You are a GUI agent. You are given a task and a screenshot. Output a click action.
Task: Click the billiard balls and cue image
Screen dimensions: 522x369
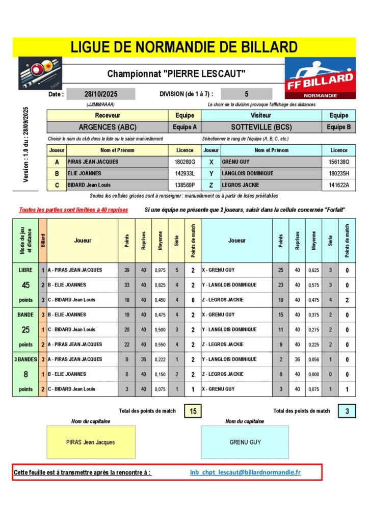(x=40, y=74)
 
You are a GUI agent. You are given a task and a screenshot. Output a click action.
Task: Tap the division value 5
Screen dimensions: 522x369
(x=247, y=94)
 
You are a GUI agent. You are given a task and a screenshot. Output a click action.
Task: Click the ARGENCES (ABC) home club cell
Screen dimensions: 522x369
(x=108, y=127)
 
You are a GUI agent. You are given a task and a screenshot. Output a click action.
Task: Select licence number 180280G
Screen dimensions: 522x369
(x=184, y=162)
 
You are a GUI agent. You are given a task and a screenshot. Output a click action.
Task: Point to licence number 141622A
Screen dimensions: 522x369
(x=339, y=185)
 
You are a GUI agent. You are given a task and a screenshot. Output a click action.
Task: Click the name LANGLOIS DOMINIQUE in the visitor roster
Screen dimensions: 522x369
(x=248, y=173)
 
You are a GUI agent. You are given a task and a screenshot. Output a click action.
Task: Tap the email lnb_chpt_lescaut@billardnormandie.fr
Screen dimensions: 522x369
(x=245, y=472)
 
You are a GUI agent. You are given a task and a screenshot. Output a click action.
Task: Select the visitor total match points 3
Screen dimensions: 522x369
(x=347, y=410)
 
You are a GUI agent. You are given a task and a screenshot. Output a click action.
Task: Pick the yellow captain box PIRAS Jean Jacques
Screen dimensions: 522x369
(x=91, y=442)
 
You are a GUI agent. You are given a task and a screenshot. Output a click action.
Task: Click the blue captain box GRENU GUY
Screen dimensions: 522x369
(x=245, y=442)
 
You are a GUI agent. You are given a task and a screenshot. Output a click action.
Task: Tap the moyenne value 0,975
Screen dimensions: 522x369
(x=160, y=270)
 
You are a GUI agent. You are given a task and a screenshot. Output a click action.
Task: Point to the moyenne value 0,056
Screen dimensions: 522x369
(x=313, y=359)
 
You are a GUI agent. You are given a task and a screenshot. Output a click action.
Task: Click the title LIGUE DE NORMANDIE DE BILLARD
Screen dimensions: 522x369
(x=184, y=47)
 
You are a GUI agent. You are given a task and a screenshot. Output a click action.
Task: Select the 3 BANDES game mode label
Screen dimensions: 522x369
(x=25, y=359)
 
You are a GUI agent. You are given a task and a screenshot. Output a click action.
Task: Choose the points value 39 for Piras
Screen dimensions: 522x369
(x=126, y=270)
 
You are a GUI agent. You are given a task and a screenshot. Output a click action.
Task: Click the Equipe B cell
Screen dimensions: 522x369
(x=339, y=127)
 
